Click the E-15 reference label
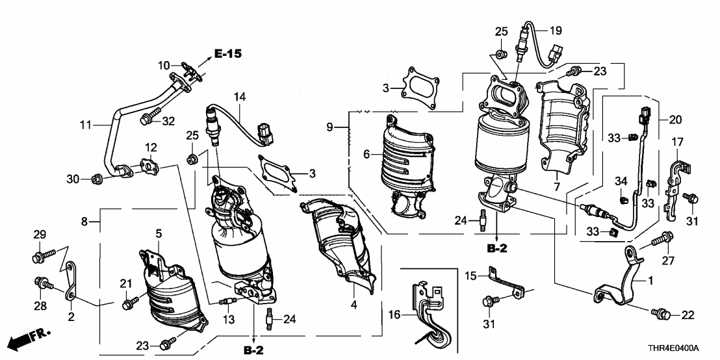(x=227, y=54)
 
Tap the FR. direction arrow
(x=29, y=339)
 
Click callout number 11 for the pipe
(x=85, y=124)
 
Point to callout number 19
(x=556, y=31)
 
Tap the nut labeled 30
(x=96, y=179)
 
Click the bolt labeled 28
(x=44, y=284)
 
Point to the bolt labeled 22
(x=661, y=314)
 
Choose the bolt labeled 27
(x=662, y=238)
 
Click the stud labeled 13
(x=228, y=302)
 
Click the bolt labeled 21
(x=131, y=302)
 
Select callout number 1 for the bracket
(x=650, y=279)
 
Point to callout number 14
(x=240, y=97)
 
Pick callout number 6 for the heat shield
(x=366, y=155)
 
